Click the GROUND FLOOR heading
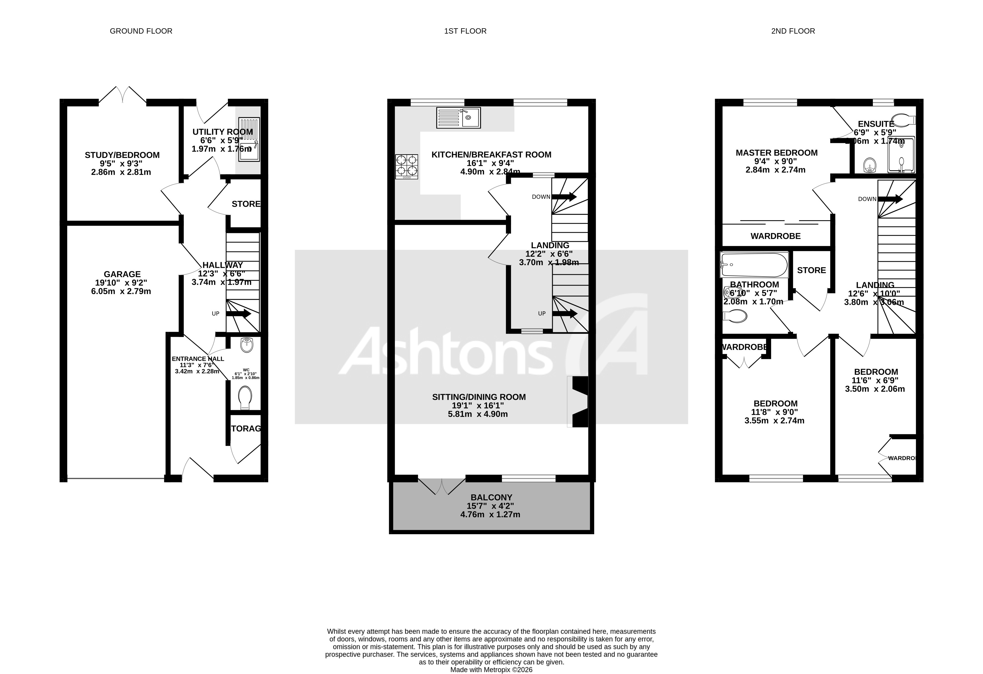(141, 31)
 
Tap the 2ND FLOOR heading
(793, 31)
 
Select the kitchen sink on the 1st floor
(459, 118)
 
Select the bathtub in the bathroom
(754, 265)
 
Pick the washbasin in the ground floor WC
(247, 345)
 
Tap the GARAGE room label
(122, 274)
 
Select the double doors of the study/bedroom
(123, 95)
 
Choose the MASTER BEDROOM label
(777, 153)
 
